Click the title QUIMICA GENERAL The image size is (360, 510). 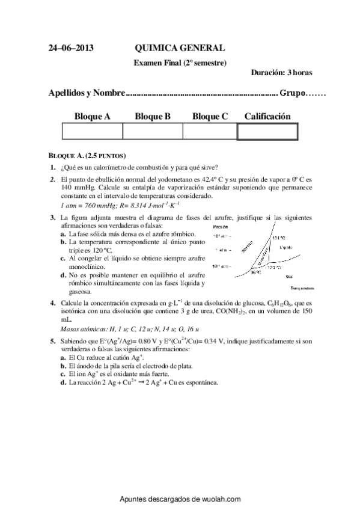(180, 48)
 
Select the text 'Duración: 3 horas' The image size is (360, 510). (281, 73)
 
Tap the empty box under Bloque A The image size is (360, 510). (92, 131)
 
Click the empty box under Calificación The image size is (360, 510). (267, 131)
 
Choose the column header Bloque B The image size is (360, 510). (153, 116)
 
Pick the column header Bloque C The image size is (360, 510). (210, 116)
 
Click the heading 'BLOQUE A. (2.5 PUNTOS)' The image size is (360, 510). (87, 155)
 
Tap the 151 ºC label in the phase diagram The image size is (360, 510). (278, 238)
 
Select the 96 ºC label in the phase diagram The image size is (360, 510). (256, 272)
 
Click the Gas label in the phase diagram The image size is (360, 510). (289, 277)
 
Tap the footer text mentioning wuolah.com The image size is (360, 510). (180, 499)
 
